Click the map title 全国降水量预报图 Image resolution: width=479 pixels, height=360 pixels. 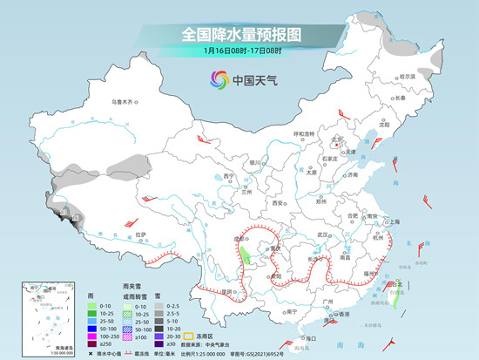tap(239, 35)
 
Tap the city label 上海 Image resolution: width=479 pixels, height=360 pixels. tap(393, 222)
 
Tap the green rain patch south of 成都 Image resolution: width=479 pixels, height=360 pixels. tap(246, 256)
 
